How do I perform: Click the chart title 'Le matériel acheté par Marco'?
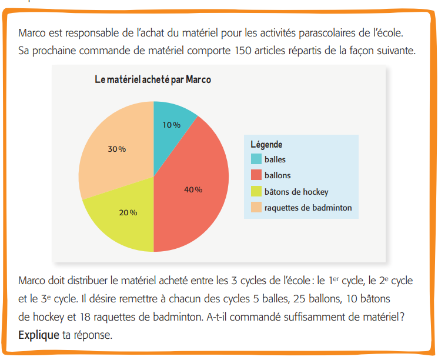(x=153, y=80)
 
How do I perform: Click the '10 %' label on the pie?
(x=171, y=125)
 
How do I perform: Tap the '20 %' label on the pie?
(x=128, y=212)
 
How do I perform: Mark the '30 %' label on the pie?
(x=116, y=149)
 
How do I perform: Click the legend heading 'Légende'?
(x=266, y=144)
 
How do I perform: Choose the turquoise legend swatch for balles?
(x=256, y=159)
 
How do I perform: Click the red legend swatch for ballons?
(x=256, y=175)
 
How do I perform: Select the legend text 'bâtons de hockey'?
(x=296, y=192)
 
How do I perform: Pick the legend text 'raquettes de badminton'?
(x=307, y=208)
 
